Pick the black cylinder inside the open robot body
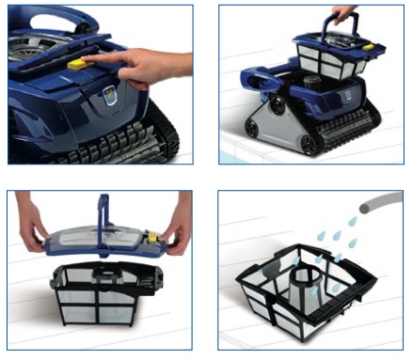coord(287,94)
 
